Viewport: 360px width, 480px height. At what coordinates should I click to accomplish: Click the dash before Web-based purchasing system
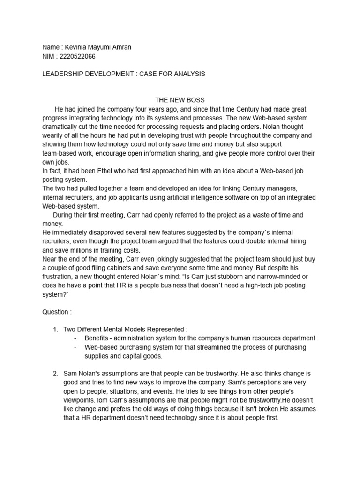click(x=76, y=347)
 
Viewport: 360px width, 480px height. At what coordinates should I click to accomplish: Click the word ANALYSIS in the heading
click(x=187, y=74)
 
